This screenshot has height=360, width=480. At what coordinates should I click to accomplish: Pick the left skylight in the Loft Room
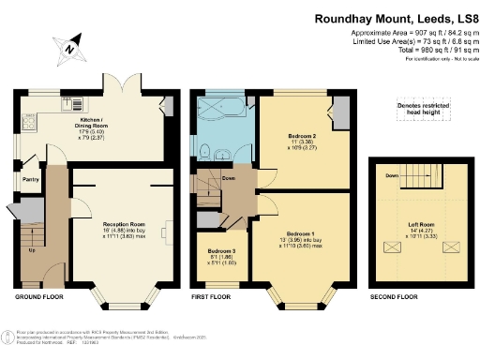click(x=390, y=248)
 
